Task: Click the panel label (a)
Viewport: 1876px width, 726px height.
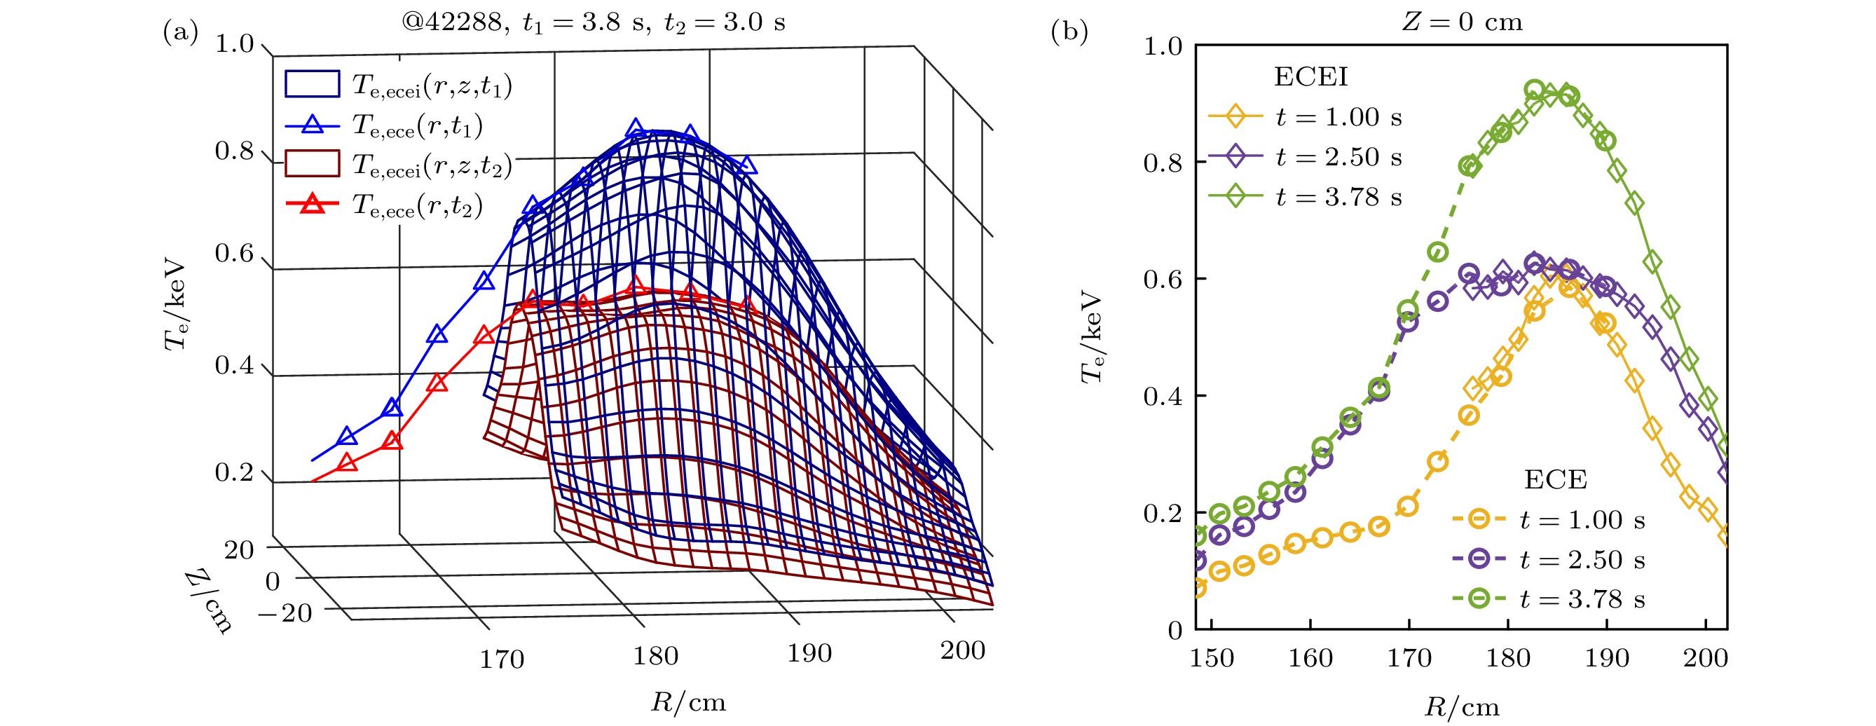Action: tap(180, 32)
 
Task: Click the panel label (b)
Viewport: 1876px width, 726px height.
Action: tap(1069, 32)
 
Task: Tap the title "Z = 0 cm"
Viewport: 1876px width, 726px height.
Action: tap(1463, 22)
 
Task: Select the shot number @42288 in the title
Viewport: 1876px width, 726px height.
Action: tap(452, 22)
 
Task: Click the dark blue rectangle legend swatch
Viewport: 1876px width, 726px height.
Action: tap(312, 83)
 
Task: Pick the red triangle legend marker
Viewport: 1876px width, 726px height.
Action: tap(313, 204)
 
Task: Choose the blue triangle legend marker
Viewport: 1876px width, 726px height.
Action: tap(313, 125)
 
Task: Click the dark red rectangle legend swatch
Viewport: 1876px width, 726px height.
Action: tap(312, 164)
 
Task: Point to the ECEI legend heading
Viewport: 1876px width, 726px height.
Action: tap(1311, 76)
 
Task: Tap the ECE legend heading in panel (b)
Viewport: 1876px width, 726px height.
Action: tap(1556, 479)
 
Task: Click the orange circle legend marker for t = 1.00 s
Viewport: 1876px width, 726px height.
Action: tap(1479, 519)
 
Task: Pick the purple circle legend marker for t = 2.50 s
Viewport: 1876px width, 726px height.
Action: tap(1479, 559)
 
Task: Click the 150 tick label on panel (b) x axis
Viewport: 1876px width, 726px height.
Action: tap(1212, 658)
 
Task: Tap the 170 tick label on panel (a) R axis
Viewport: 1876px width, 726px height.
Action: tap(501, 659)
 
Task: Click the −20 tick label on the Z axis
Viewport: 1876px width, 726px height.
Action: tap(285, 613)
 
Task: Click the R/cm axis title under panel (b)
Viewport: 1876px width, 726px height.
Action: tap(1462, 707)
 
